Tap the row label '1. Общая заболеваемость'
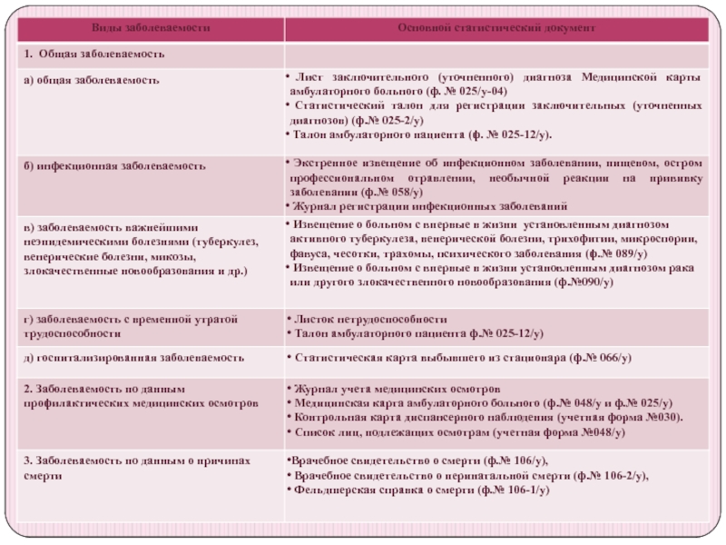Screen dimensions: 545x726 94,54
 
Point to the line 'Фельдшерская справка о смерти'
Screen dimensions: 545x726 380,490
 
